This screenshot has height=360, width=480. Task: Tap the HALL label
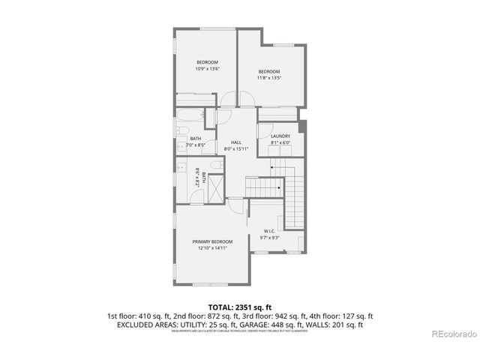(x=235, y=142)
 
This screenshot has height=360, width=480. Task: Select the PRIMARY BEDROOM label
(x=212, y=241)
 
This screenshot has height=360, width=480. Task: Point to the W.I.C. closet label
(x=270, y=231)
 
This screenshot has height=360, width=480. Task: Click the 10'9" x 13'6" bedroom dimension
(x=208, y=69)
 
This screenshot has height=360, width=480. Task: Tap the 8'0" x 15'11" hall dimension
(x=235, y=149)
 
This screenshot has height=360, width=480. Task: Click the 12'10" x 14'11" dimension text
(x=212, y=248)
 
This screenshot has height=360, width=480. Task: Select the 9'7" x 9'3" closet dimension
(x=270, y=238)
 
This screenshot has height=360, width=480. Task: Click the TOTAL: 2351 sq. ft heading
(x=239, y=307)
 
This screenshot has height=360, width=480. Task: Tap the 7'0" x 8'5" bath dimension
(x=195, y=145)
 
